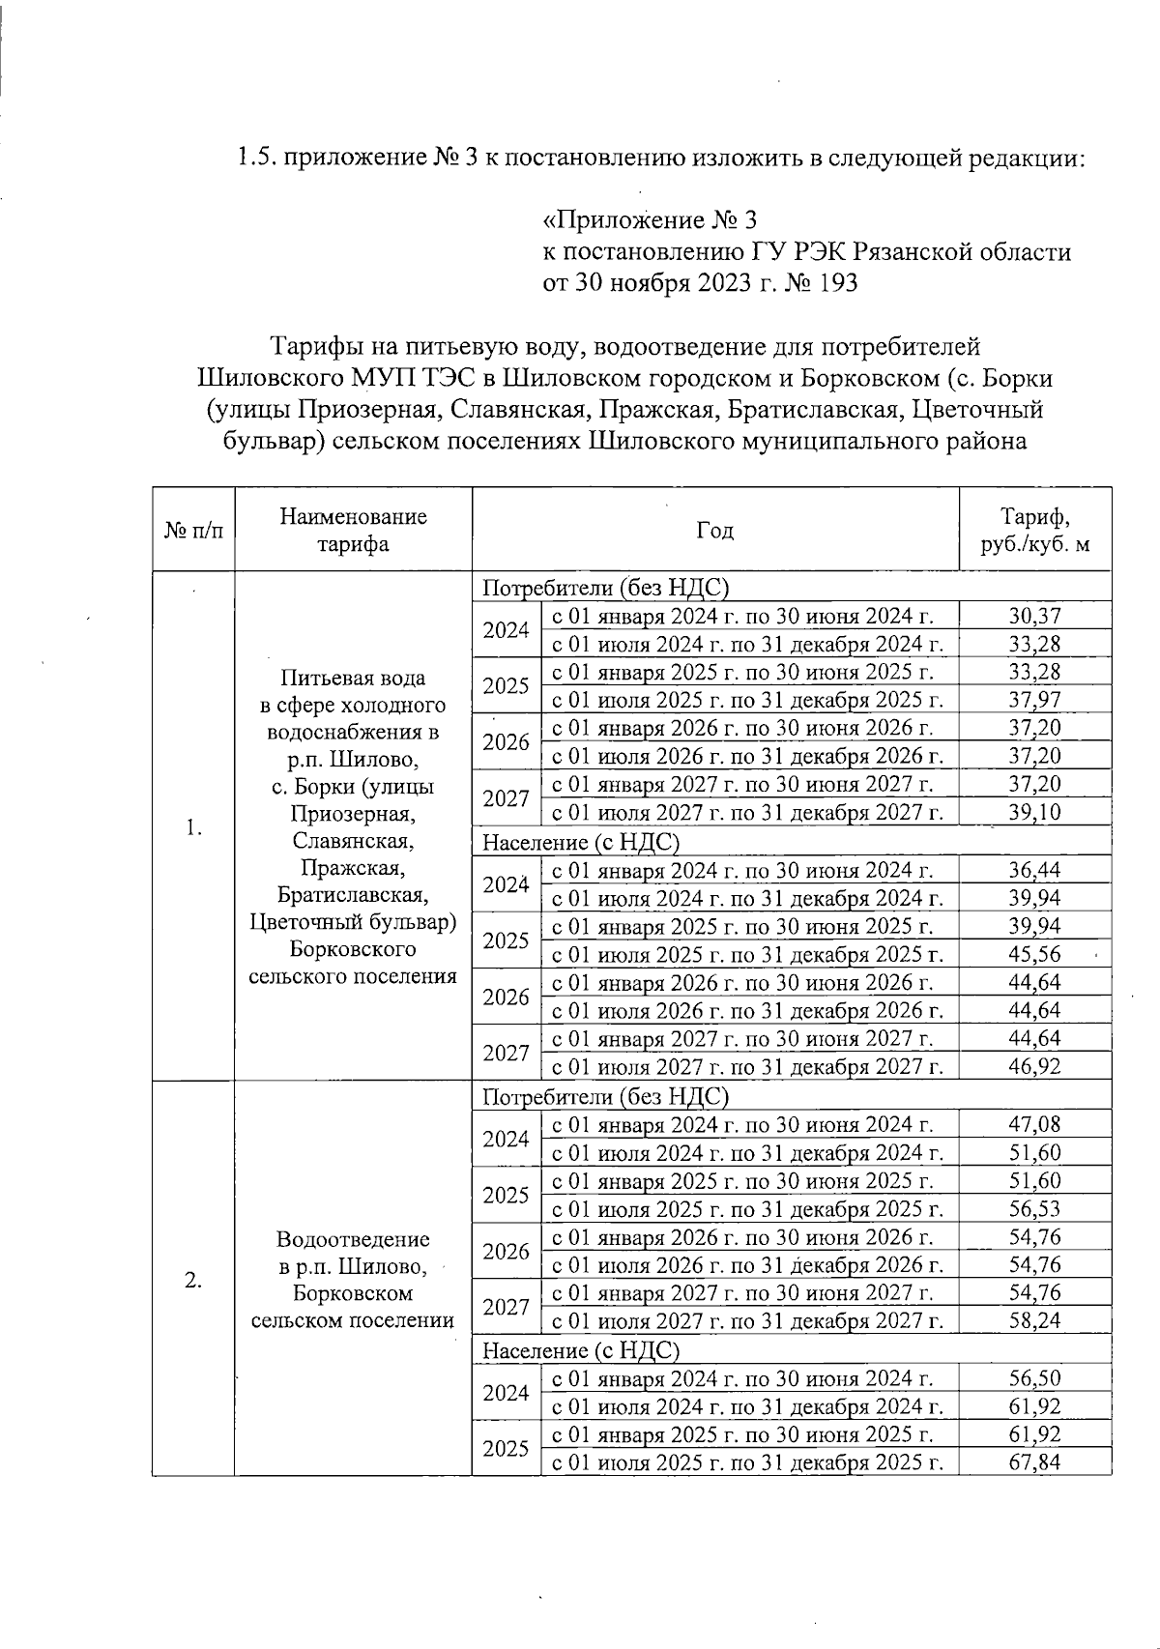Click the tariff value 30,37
(1034, 615)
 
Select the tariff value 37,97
(1034, 699)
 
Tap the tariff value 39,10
(1034, 812)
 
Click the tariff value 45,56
(1034, 955)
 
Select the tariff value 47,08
(1034, 1124)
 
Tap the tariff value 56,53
(1034, 1209)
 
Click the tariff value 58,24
(1034, 1321)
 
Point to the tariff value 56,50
(1034, 1378)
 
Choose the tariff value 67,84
(1034, 1462)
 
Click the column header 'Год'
(714, 530)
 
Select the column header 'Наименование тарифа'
(353, 530)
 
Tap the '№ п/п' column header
(193, 531)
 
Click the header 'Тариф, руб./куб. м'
(1034, 530)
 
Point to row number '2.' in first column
(193, 1280)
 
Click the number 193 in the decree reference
(836, 284)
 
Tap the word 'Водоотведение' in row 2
(353, 1239)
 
